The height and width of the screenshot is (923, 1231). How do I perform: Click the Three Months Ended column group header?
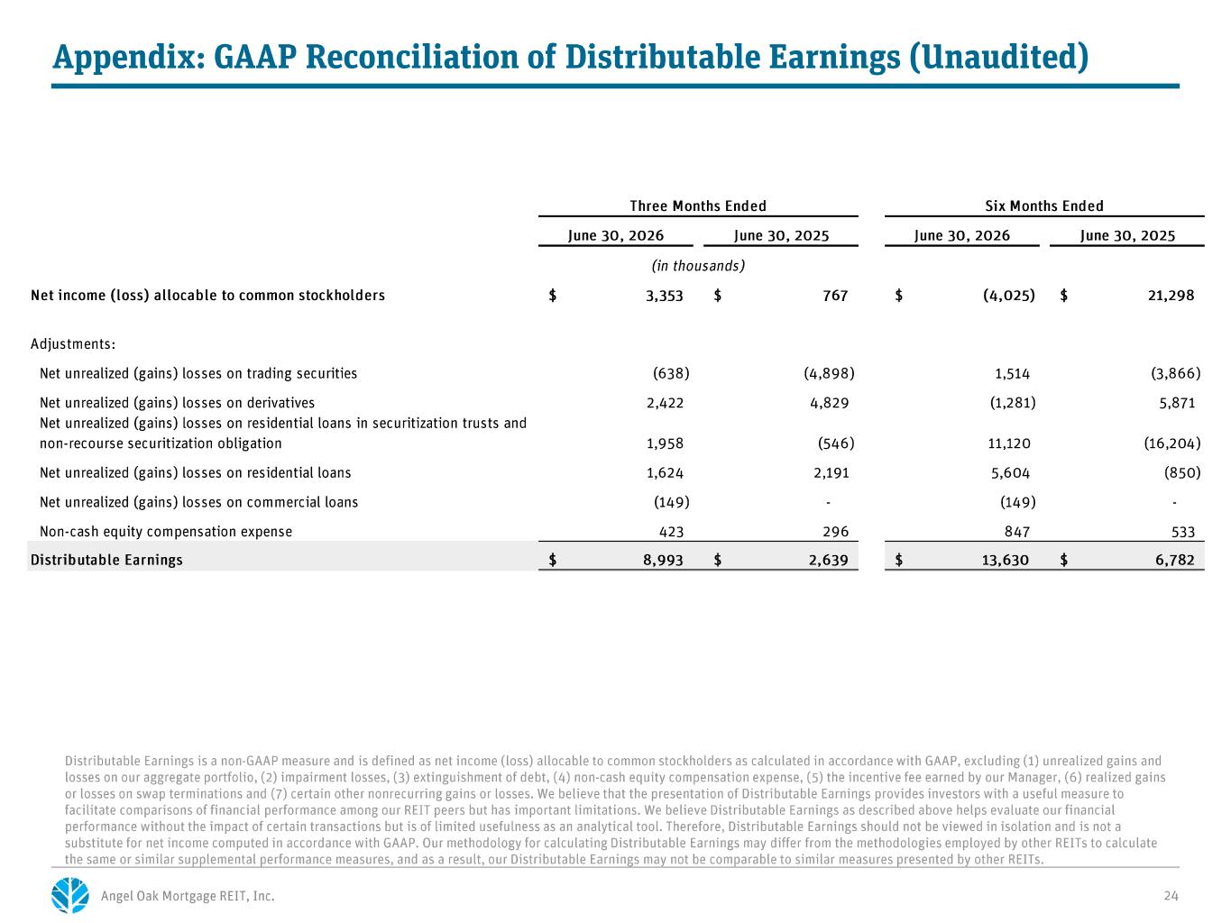click(698, 206)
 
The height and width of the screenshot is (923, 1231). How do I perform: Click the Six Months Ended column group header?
click(1044, 206)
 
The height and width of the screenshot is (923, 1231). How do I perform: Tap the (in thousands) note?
click(698, 266)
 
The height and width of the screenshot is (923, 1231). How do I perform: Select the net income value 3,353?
click(665, 296)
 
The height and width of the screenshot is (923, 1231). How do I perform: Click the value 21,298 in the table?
click(1171, 296)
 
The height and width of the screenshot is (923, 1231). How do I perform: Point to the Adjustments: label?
click(73, 343)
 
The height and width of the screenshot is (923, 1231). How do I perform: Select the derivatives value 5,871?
click(1177, 403)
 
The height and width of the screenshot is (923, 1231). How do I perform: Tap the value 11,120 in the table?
click(1009, 443)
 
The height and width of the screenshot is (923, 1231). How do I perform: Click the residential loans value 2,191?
click(831, 473)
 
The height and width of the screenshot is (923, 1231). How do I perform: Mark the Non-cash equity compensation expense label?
click(166, 531)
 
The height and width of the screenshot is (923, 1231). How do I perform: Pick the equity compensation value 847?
click(1016, 532)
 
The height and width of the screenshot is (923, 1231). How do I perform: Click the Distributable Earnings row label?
click(106, 560)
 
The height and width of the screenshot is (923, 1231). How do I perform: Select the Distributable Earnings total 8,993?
click(663, 560)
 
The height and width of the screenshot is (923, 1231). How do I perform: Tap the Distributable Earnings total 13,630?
click(1005, 560)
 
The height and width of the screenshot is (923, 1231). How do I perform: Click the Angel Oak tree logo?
click(70, 895)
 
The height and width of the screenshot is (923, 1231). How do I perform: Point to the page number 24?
click(1171, 896)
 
